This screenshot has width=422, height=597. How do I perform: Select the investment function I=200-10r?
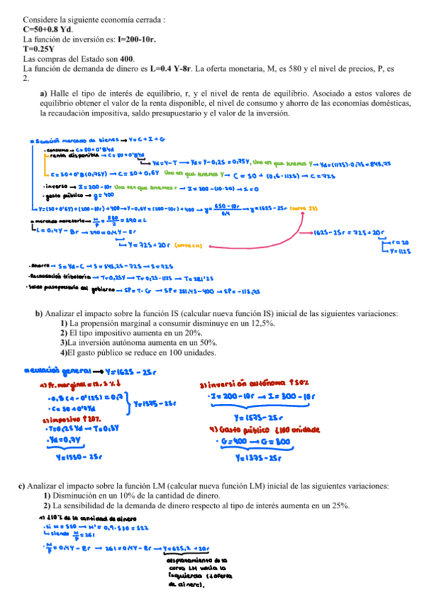(132, 40)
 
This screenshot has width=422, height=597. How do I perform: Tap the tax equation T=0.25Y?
(40, 50)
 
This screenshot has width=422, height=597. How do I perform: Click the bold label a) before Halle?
(44, 93)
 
